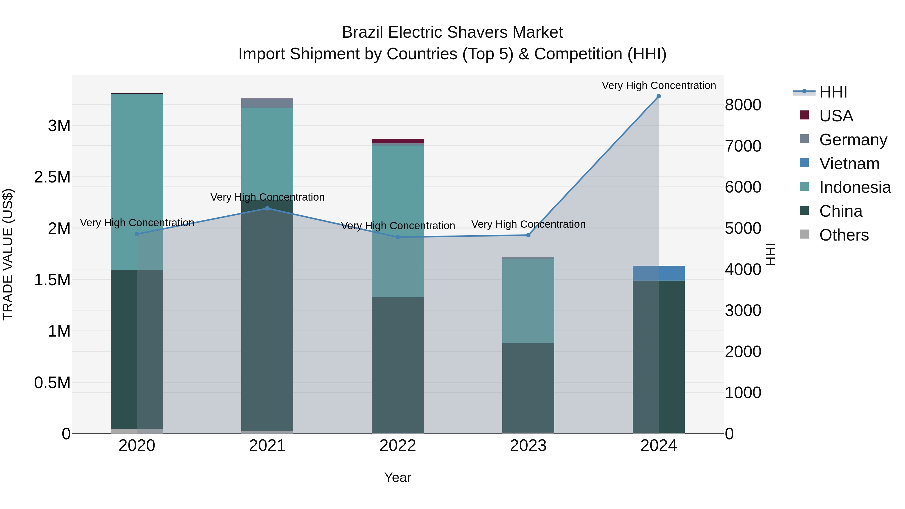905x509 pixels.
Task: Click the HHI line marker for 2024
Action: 658,96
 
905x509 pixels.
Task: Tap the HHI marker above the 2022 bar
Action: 398,237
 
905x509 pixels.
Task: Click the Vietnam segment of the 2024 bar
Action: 658,273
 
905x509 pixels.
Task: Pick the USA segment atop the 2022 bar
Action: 398,141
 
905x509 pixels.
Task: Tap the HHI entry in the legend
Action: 833,92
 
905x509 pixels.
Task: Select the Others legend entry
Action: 843,235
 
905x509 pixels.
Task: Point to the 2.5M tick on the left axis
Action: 52,177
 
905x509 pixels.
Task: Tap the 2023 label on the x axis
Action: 528,446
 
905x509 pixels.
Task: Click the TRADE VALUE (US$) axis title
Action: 8,254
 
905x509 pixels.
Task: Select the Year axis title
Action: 397,477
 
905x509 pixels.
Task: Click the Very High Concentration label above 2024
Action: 658,85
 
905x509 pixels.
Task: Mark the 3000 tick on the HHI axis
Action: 743,310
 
